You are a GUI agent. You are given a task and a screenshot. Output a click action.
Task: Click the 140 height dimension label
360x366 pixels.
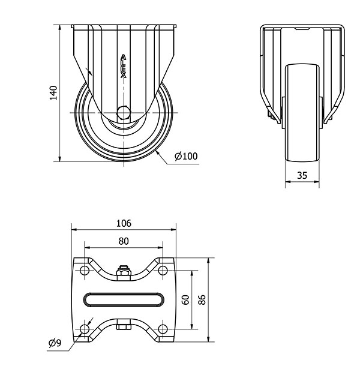[53, 93]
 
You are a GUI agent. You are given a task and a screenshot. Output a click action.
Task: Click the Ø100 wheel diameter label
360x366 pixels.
[186, 156]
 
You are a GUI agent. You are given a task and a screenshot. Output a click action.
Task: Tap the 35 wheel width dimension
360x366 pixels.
[302, 175]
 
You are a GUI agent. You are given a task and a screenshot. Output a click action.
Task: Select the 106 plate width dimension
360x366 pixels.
[124, 223]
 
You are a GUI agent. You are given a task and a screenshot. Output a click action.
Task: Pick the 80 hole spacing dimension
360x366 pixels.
[124, 241]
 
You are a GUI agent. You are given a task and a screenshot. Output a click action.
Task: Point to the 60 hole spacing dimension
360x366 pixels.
[185, 300]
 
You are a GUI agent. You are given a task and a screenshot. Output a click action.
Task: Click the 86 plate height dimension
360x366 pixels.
[202, 300]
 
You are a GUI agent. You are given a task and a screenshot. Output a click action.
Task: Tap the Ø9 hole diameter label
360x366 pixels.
[55, 343]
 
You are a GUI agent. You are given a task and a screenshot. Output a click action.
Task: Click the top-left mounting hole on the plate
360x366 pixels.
[84, 271]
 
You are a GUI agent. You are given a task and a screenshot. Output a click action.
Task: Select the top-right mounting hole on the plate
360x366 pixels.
[163, 271]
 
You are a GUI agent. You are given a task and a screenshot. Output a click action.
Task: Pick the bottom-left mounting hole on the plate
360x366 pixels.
[84, 329]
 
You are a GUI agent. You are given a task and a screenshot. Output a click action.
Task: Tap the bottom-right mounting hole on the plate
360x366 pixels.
[163, 329]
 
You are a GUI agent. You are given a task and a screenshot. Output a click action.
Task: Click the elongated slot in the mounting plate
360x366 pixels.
[124, 293]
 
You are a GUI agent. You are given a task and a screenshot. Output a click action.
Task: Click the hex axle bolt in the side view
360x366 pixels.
[124, 113]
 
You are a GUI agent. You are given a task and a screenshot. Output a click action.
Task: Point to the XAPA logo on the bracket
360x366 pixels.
[124, 66]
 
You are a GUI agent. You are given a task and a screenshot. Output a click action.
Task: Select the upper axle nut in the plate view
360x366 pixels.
[124, 272]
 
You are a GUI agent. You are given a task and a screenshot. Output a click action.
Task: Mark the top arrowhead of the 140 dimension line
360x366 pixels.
[60, 27]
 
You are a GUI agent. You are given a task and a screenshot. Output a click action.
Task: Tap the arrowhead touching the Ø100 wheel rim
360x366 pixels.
[157, 152]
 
